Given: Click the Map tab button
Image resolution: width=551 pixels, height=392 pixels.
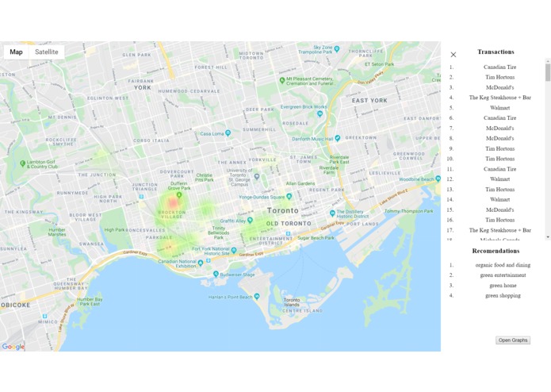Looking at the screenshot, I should [x=16, y=52].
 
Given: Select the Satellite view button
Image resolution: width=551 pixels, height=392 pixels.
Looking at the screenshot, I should [x=47, y=52].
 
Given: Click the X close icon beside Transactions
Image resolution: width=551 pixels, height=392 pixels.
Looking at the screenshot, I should [x=453, y=55].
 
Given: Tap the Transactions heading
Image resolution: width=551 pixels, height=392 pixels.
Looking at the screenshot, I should [x=496, y=52].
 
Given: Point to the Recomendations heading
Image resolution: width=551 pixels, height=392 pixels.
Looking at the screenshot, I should [x=496, y=251].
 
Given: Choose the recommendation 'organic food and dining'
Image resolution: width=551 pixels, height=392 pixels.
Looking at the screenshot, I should [x=503, y=265].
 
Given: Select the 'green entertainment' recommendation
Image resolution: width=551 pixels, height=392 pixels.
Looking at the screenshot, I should [x=503, y=275].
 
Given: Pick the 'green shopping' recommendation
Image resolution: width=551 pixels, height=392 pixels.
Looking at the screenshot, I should [x=503, y=295].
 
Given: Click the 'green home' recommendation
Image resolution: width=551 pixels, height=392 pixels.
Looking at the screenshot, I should [x=503, y=286].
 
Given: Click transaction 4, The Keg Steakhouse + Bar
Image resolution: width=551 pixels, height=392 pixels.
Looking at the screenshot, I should [x=499, y=98].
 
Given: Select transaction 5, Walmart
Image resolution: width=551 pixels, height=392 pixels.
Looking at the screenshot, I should [x=499, y=108].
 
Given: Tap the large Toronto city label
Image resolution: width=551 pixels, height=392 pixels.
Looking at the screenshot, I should [x=283, y=211].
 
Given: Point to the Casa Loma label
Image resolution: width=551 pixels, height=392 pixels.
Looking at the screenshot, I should [x=212, y=134].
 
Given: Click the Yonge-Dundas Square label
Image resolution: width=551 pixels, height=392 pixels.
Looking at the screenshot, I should [x=266, y=198].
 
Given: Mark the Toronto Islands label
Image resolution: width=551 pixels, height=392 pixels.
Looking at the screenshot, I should [x=292, y=302].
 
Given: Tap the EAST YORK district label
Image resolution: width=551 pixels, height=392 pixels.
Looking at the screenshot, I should [x=369, y=101].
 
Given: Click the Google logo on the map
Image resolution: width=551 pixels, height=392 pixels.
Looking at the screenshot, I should [x=13, y=347].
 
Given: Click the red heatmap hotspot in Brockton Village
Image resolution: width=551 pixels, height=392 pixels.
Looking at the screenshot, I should [x=173, y=204].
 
